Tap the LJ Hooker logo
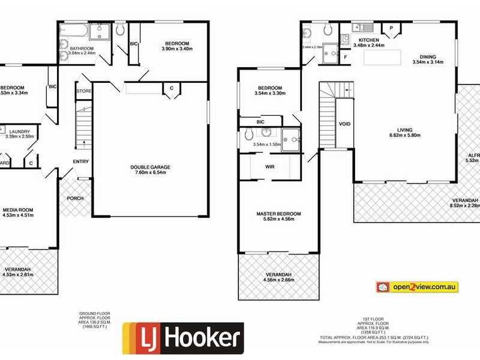(x=183, y=338)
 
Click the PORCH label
(x=75, y=199)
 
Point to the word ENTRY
(x=81, y=161)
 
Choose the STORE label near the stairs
(x=83, y=91)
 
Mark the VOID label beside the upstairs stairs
(x=345, y=124)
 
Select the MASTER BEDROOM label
(x=278, y=214)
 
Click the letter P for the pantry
(x=391, y=28)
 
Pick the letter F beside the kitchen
(x=346, y=57)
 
